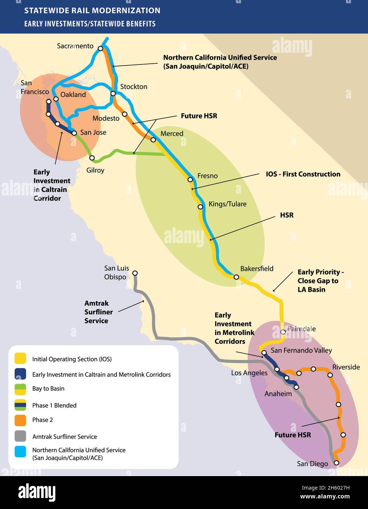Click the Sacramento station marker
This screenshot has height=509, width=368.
point(100,48)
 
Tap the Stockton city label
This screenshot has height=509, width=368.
point(134,87)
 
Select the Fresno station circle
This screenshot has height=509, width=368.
point(190,179)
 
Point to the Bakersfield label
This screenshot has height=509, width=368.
point(257,269)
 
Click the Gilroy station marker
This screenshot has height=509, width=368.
point(92,158)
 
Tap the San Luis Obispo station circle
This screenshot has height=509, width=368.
point(135,273)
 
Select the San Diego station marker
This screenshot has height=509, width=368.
point(336,463)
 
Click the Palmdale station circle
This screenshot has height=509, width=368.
point(283,332)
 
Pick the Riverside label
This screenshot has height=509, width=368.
point(346,367)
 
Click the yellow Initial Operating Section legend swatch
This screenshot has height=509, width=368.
point(20,358)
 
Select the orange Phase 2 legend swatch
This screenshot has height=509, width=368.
point(20,420)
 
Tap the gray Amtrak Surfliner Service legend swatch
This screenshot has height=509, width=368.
point(20,436)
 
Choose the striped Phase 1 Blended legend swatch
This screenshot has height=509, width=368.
point(20,405)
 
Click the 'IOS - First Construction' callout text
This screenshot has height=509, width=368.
point(303,174)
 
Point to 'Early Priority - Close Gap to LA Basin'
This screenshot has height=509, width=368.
point(320,281)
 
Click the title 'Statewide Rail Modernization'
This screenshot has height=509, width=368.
point(92,11)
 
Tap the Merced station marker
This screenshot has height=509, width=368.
point(153,140)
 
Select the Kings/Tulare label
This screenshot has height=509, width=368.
point(227,204)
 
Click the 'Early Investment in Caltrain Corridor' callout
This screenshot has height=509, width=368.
point(52,185)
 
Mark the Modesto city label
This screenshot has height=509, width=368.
point(106,118)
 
